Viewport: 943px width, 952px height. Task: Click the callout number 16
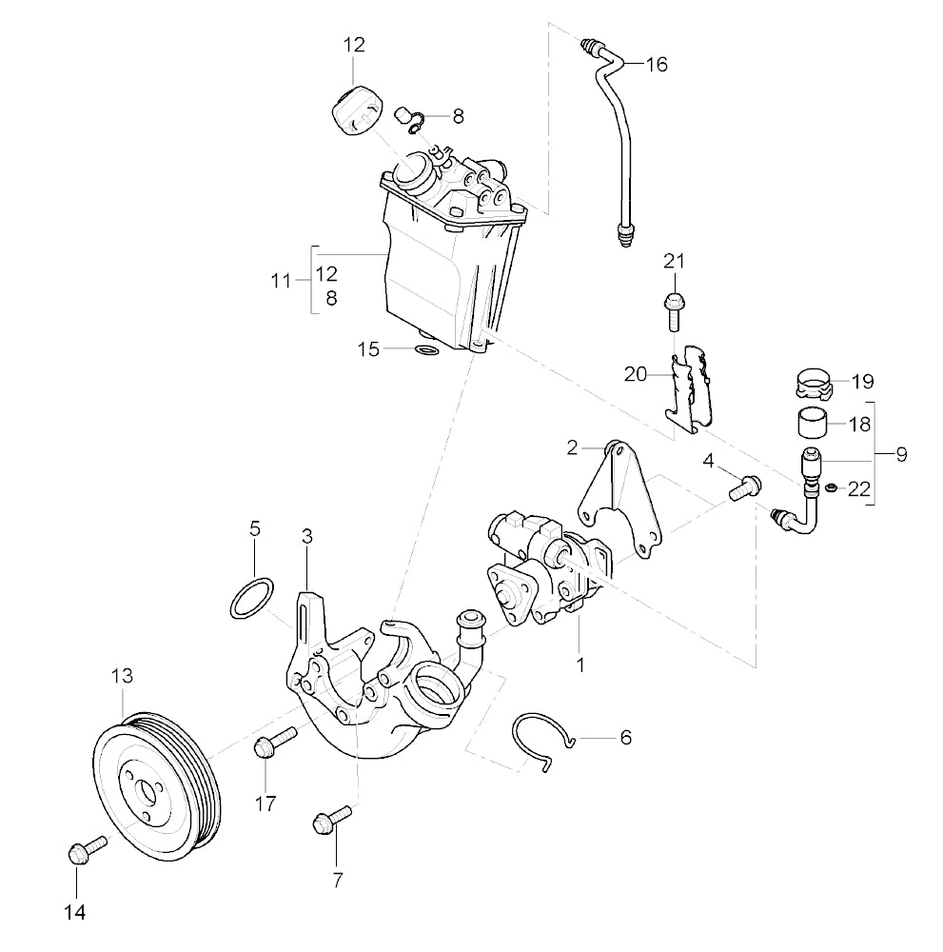(x=657, y=65)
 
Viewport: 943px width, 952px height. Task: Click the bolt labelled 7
(x=329, y=819)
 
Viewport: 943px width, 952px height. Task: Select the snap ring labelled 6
(x=540, y=737)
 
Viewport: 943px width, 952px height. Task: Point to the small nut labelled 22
(x=831, y=488)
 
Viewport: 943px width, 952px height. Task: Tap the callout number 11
(x=280, y=281)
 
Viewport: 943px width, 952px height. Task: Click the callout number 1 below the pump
(x=580, y=664)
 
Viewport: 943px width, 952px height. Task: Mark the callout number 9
(x=900, y=454)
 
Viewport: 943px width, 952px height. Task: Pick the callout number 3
(x=307, y=537)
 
